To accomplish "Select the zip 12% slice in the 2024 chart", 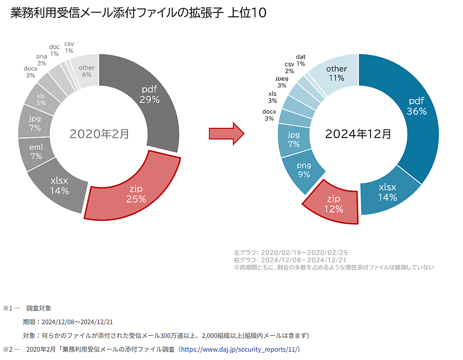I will (333, 204).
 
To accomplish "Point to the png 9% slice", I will (303, 170).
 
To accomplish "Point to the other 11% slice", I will (336, 73).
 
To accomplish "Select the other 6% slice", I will (86, 72).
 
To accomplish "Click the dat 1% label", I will (301, 60).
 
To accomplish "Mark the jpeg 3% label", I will (282, 82).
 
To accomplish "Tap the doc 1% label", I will (54, 50).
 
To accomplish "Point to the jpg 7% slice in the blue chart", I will (293, 139).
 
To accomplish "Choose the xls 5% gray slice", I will (40, 99).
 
